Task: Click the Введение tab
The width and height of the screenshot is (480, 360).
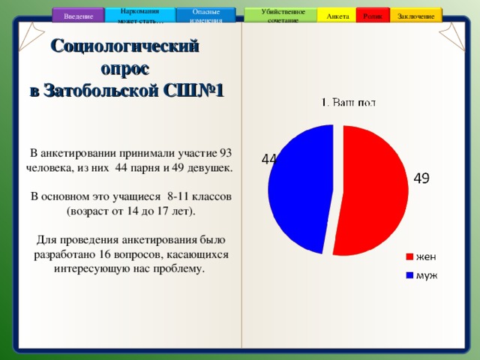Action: coord(79,16)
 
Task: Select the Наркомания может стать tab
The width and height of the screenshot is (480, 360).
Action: coord(139,15)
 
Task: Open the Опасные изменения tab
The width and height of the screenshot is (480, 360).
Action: coord(205,15)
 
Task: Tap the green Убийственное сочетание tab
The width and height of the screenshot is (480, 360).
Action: coord(283,15)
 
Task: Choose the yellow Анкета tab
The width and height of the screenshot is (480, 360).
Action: coord(337,16)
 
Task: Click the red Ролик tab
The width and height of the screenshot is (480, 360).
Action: coord(372,16)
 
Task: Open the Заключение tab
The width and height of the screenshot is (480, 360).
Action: coord(415,16)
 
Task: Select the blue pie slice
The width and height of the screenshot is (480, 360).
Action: coord(300,187)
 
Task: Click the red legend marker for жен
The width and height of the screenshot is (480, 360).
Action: coord(409,256)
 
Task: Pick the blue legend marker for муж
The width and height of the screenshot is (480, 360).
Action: coord(409,274)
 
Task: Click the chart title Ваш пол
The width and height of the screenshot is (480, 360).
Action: coord(349,103)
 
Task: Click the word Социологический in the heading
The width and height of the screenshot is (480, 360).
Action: coord(125,46)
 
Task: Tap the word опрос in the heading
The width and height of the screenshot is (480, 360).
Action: coord(125,68)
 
